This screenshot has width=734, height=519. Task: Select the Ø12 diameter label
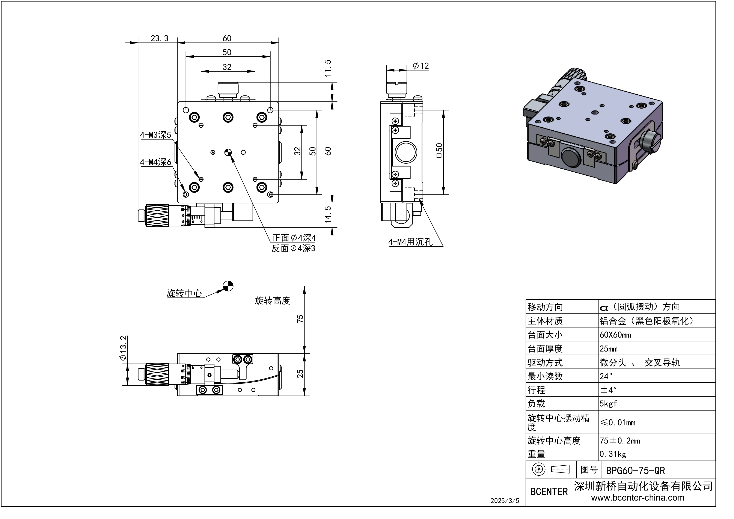pos(421,66)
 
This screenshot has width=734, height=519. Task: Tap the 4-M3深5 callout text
pos(155,135)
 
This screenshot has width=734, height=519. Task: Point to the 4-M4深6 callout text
pos(155,162)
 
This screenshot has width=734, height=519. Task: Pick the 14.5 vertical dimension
pos(328,214)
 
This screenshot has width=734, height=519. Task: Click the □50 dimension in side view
pos(439,150)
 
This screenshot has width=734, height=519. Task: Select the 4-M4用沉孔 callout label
pos(410,242)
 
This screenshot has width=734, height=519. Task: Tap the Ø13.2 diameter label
pos(123,349)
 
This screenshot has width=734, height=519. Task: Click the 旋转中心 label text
pos(184,293)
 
